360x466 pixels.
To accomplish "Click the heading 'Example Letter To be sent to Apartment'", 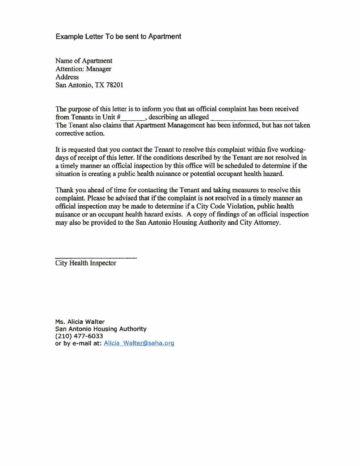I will pos(118,36).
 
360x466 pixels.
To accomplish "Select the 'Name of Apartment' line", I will pos(84,61).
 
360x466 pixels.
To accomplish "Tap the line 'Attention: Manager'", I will pos(84,69).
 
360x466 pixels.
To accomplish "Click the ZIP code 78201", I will pos(114,85).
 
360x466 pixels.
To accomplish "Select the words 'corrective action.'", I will pos(80,133).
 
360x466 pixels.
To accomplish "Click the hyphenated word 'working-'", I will pos(291,149).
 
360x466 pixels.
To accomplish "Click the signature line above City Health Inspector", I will pos(96,258).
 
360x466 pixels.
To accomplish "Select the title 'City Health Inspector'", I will pos(86,263).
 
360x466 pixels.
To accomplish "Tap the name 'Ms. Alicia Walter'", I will pos(80,322).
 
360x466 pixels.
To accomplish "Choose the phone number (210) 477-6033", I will pos(79,336).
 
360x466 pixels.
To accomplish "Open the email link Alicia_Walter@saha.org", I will pos(139,343).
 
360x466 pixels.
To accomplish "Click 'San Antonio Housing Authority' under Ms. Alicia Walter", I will pos(101,329).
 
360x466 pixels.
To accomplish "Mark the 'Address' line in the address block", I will pos(67,77).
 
